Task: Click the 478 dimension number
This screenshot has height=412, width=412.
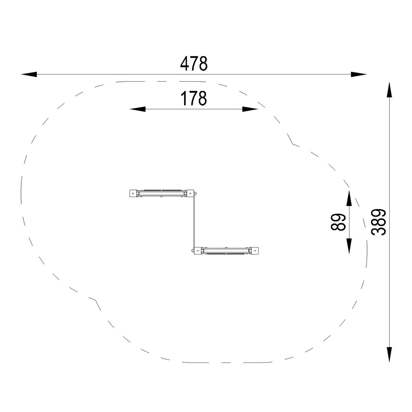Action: [x=194, y=64]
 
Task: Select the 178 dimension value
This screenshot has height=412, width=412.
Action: [x=194, y=98]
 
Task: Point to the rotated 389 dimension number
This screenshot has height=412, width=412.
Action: [x=378, y=222]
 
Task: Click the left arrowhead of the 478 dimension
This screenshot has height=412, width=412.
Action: [x=29, y=75]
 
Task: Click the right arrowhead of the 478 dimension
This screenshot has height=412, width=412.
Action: [x=359, y=75]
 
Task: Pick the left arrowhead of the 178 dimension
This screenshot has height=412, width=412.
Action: [x=137, y=109]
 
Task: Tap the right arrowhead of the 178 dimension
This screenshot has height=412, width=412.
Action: [x=250, y=109]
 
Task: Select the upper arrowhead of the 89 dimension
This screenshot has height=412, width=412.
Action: [x=349, y=198]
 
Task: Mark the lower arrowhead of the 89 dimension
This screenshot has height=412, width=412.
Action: [x=349, y=246]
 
